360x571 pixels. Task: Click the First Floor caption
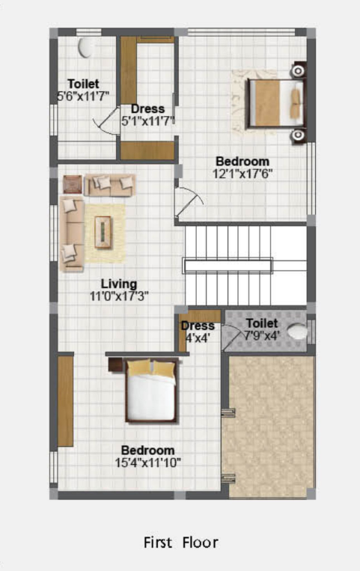click(180, 541)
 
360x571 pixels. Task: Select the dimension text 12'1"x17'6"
click(242, 173)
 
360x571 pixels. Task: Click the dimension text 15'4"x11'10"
click(148, 462)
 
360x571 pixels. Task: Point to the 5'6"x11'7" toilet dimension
click(82, 96)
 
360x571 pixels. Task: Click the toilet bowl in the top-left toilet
click(86, 47)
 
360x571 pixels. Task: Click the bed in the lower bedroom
click(152, 390)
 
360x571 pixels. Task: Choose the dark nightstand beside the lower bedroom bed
click(116, 364)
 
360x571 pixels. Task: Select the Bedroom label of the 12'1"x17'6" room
click(242, 161)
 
